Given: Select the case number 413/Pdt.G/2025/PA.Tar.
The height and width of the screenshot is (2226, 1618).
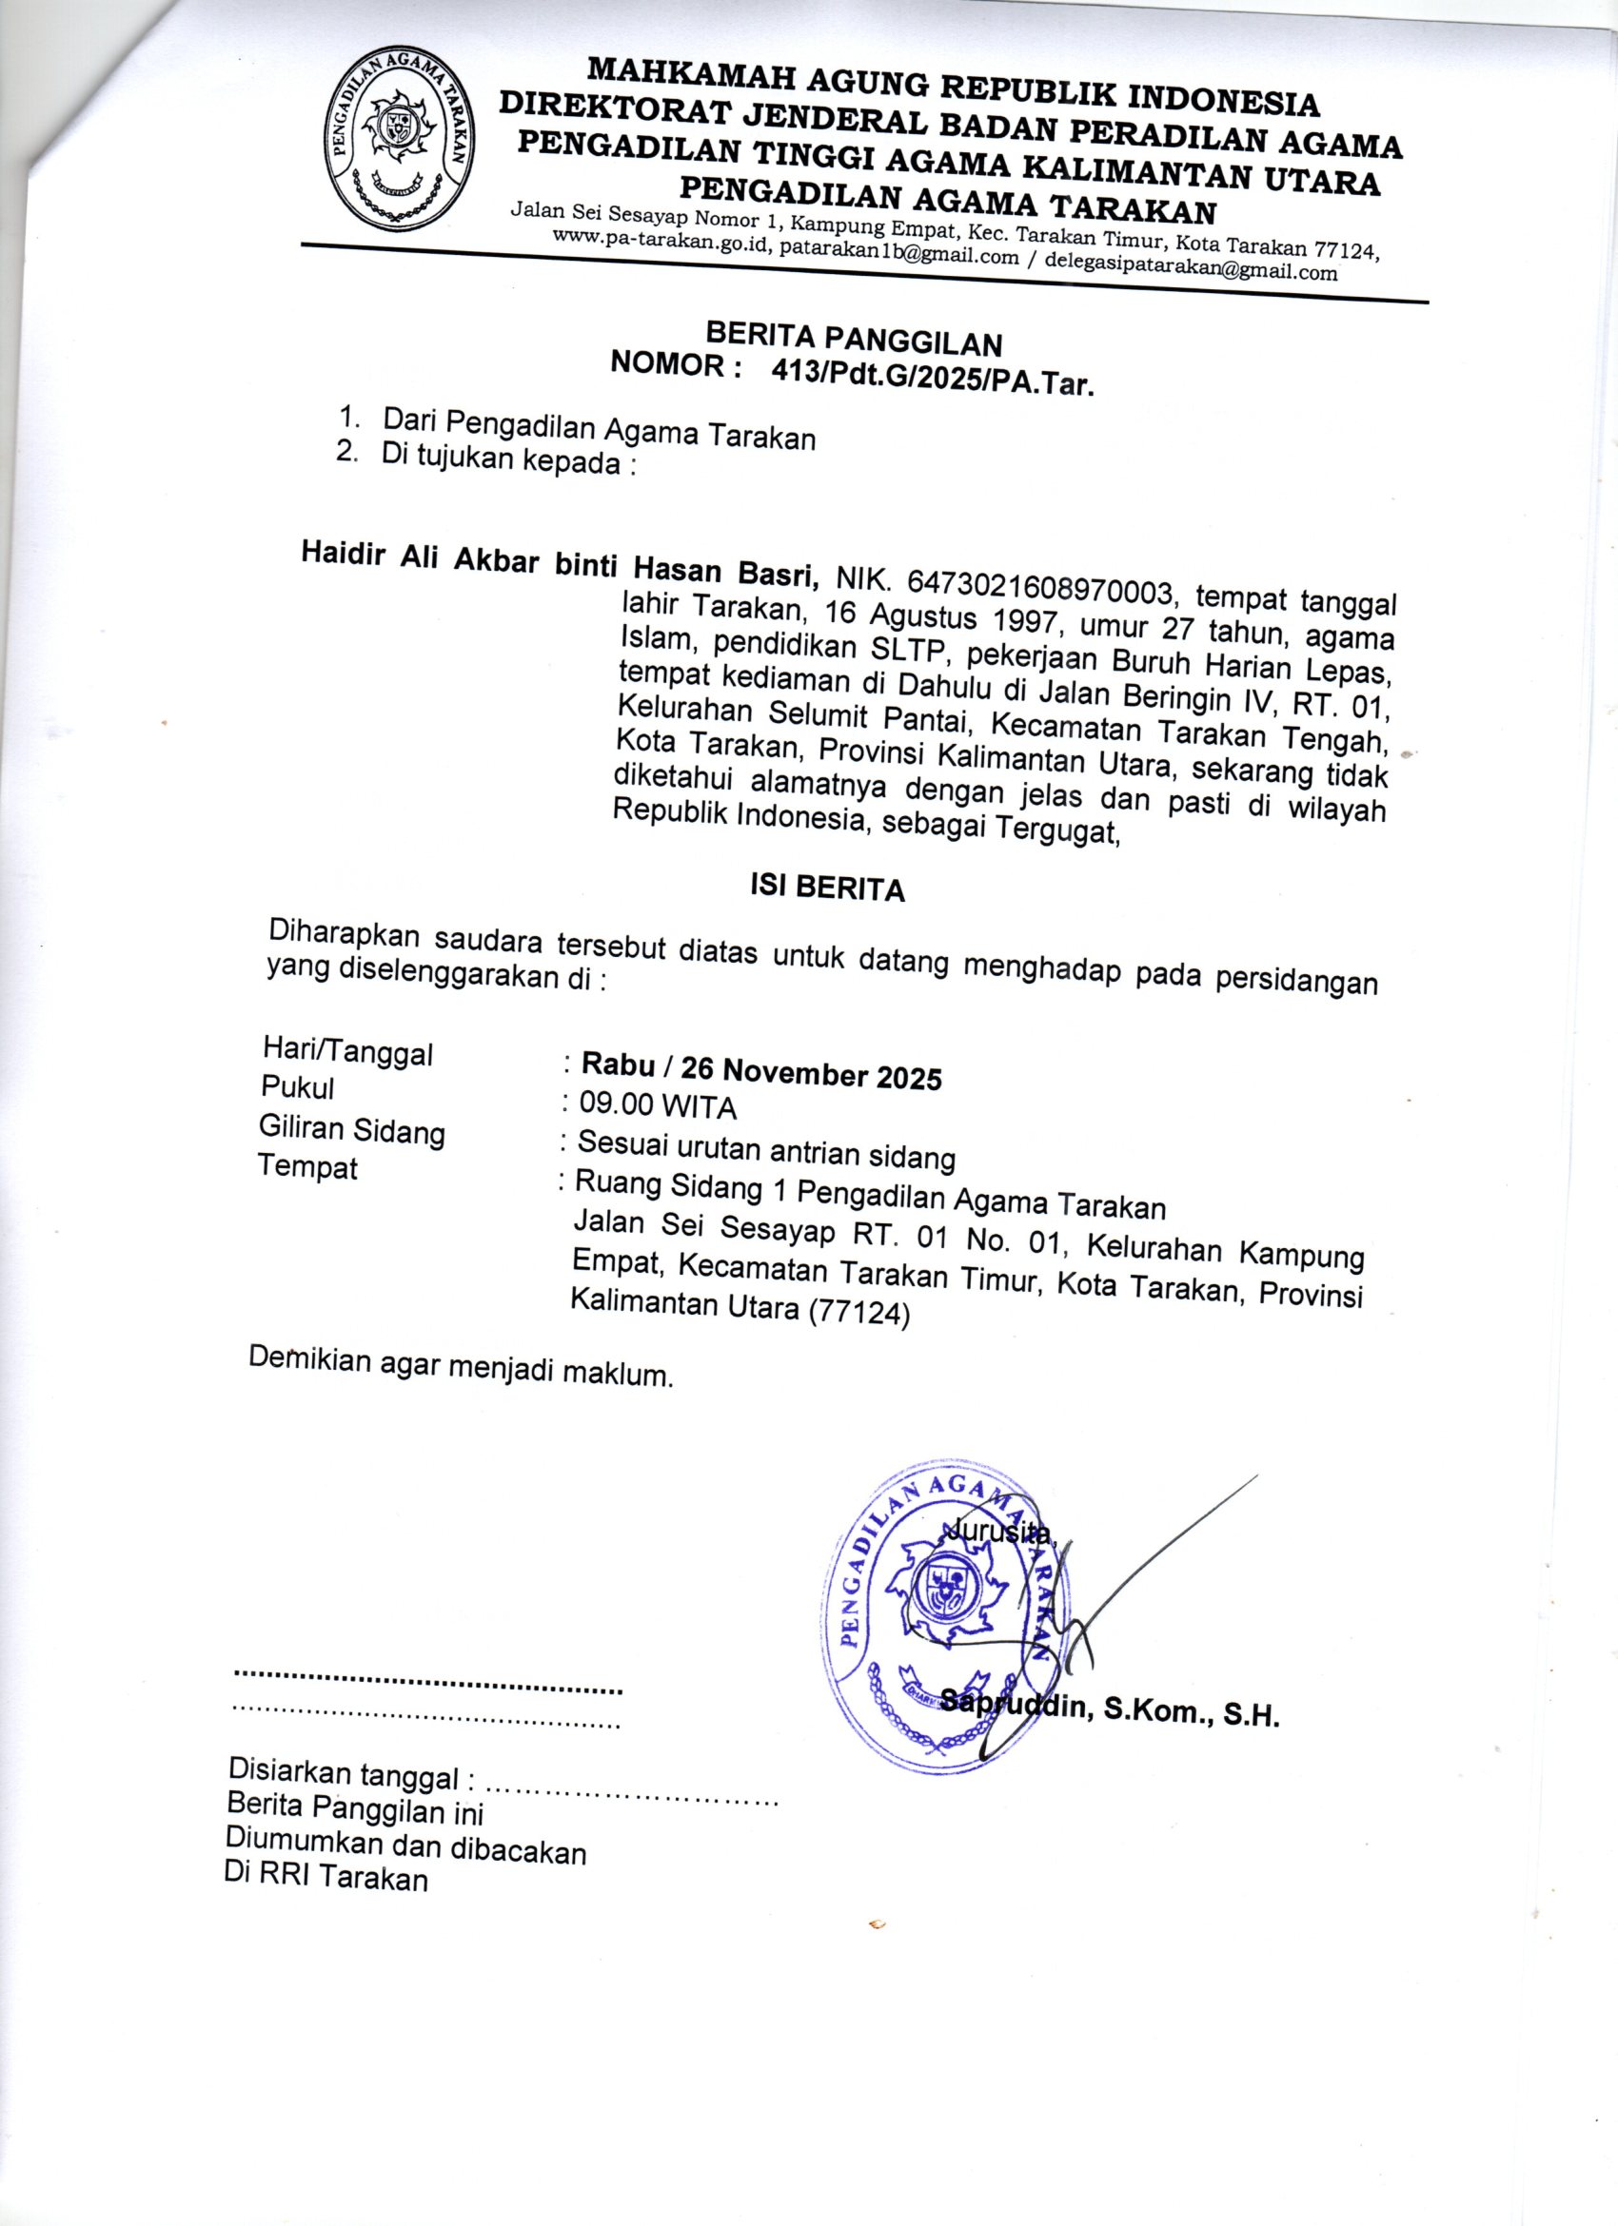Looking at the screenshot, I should [x=933, y=375].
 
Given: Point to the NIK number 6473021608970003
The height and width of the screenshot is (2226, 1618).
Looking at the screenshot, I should [x=1041, y=586].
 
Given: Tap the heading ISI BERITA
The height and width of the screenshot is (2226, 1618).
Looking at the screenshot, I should [x=827, y=888].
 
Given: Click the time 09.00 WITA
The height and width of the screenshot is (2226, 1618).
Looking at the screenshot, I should [x=657, y=1106].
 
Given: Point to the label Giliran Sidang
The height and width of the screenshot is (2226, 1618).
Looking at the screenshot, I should [x=351, y=1130].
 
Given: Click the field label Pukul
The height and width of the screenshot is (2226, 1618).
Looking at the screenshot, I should [x=298, y=1087].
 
